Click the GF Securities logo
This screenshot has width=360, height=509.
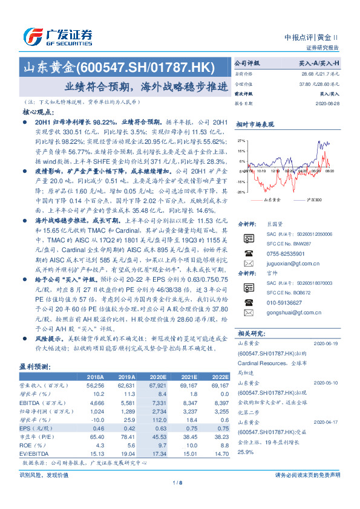point(57,36)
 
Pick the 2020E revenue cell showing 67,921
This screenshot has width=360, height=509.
point(157,384)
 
